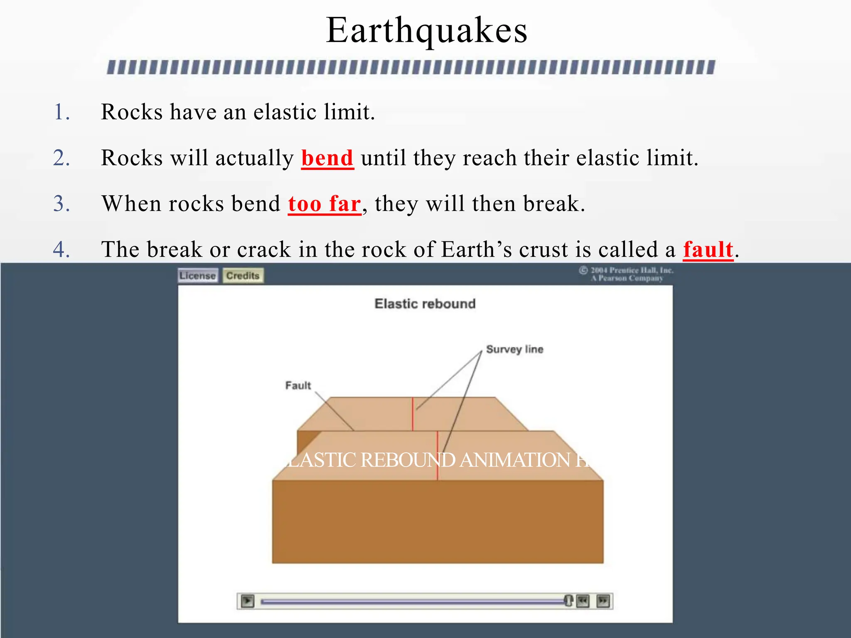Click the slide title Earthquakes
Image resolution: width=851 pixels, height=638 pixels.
(426, 31)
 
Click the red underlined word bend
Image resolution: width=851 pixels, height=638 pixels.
(327, 158)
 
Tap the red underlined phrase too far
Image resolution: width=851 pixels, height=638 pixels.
(324, 204)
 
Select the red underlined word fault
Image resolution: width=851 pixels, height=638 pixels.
(708, 250)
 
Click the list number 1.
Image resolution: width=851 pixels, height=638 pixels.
(61, 112)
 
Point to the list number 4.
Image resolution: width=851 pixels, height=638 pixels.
(61, 250)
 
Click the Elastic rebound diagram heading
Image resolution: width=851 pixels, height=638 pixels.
(425, 304)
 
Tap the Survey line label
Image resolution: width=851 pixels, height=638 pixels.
(514, 349)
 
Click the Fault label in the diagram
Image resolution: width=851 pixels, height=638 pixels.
(298, 385)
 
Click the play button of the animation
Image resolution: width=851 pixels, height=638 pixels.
(248, 601)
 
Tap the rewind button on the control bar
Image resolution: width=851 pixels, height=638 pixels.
(583, 601)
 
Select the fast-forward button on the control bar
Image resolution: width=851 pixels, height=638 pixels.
(603, 601)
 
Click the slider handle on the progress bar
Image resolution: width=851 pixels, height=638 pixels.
(568, 600)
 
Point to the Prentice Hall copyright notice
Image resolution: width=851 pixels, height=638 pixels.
(627, 274)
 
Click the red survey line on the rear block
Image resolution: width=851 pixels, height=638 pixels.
(413, 414)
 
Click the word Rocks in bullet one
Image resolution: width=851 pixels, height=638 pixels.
(132, 112)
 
